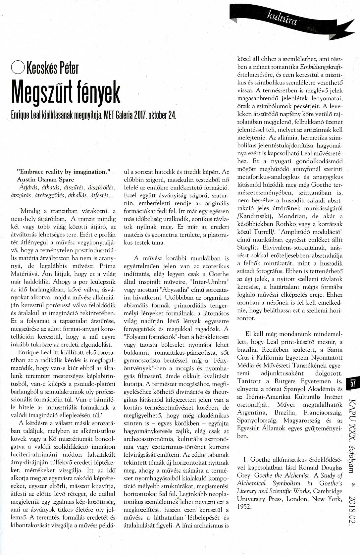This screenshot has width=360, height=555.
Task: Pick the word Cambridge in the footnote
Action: pos(328,491)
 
